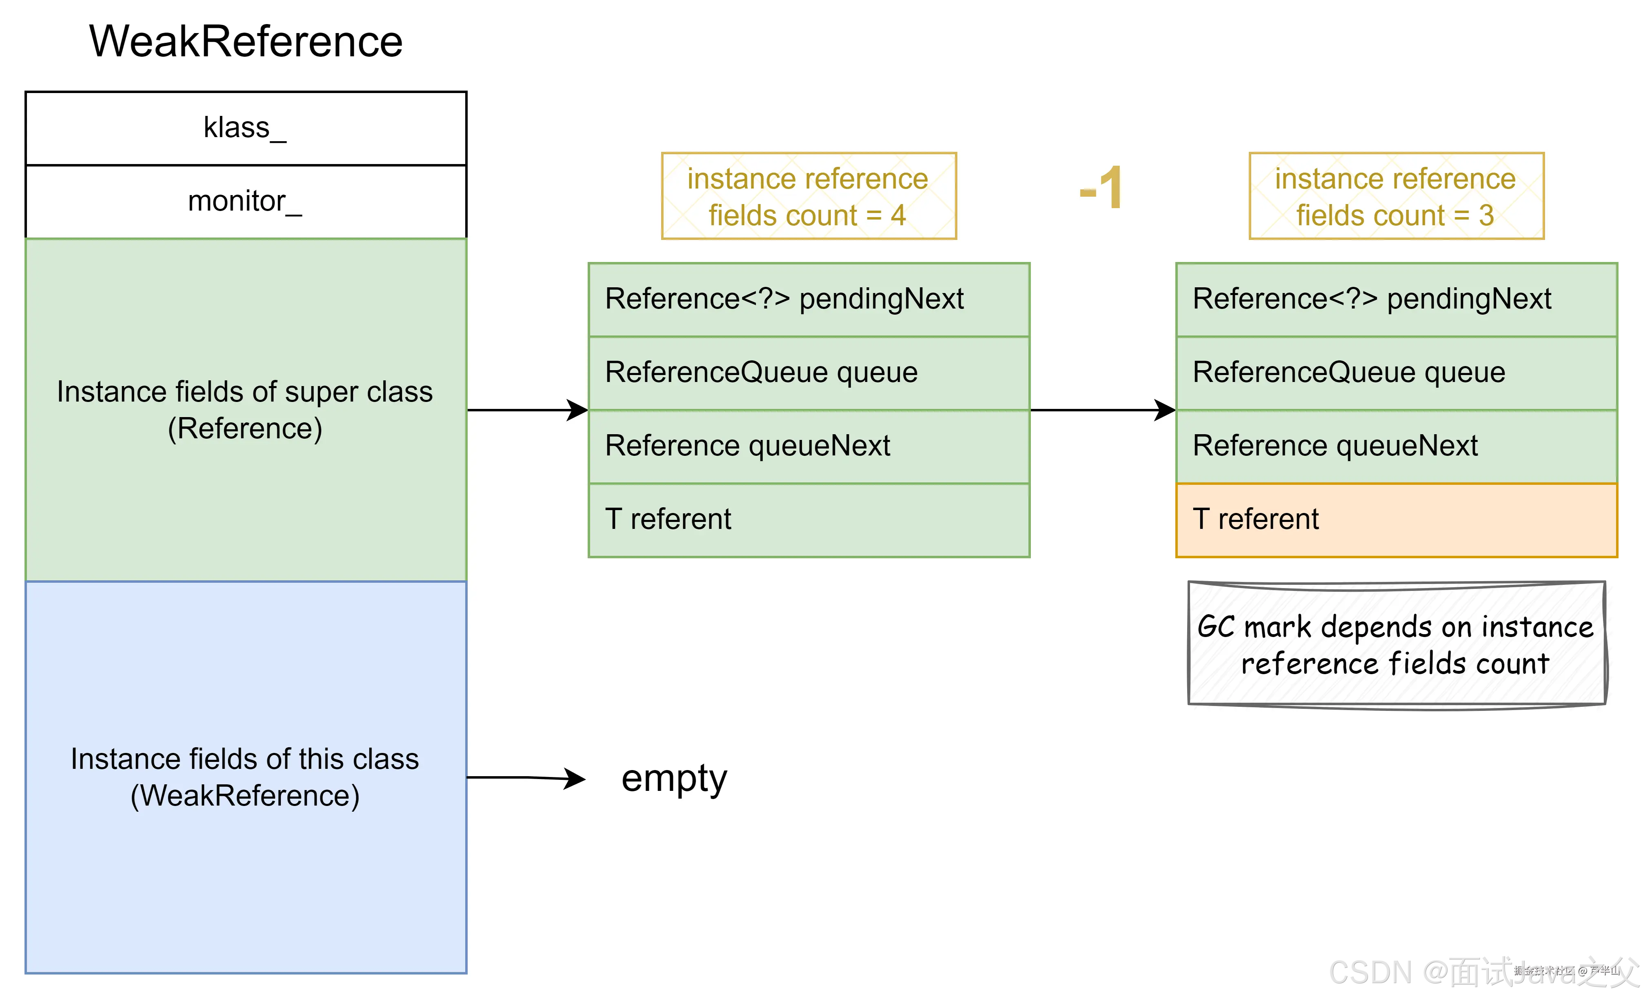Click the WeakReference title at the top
(246, 41)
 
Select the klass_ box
(245, 128)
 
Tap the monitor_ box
(245, 202)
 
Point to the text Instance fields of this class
(245, 759)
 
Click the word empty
(673, 778)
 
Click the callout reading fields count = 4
(808, 196)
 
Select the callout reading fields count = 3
(1396, 196)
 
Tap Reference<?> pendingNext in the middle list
(808, 300)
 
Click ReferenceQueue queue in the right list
(1396, 373)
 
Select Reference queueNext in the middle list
(808, 446)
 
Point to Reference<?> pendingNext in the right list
(1396, 300)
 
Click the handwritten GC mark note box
(1396, 644)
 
